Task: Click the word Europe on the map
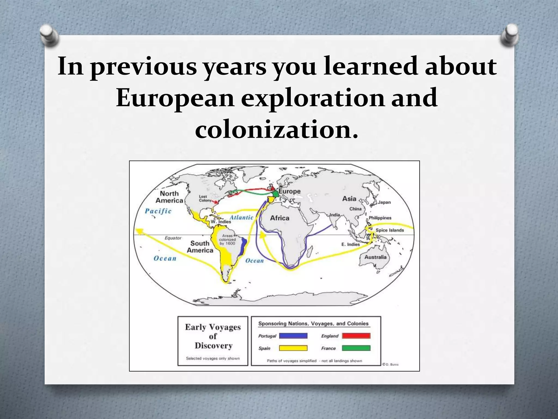289,191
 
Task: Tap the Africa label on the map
280,218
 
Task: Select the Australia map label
375,257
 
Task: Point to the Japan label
384,202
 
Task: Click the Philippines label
380,218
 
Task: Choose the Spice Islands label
390,230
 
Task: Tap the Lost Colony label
205,198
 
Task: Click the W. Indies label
221,222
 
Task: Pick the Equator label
173,238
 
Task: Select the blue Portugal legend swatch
293,336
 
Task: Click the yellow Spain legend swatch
293,348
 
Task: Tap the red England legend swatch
356,336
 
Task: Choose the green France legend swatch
356,348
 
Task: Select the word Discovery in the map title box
213,346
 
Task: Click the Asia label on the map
349,199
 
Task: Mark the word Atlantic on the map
241,217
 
